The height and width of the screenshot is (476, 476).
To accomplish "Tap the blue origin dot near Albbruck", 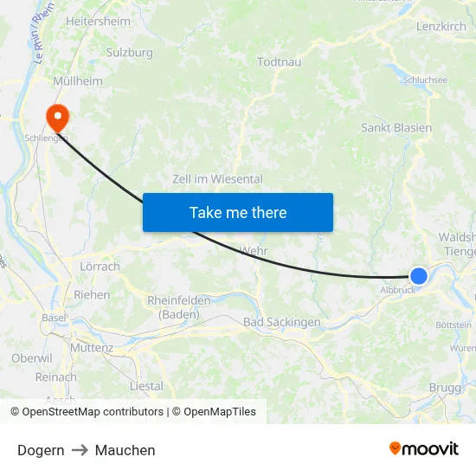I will click(418, 275).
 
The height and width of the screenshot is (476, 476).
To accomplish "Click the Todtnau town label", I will click(280, 61).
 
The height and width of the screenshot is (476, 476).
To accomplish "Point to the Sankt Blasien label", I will click(396, 127).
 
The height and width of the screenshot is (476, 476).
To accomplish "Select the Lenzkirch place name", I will click(441, 28).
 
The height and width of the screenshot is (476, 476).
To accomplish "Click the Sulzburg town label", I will click(129, 53).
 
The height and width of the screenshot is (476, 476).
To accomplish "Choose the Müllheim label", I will click(78, 81).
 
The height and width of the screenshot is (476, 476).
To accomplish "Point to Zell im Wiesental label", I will click(217, 179).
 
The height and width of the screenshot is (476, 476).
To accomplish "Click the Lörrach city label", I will click(100, 267).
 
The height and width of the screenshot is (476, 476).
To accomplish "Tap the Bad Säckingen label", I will click(282, 322).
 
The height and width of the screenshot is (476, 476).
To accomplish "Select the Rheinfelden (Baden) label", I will click(179, 307).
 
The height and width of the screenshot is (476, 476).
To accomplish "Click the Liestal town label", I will click(145, 386).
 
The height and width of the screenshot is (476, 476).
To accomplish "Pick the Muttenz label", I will click(92, 348).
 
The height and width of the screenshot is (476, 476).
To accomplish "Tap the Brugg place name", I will click(445, 388).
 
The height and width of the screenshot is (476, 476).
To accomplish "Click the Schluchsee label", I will click(425, 80).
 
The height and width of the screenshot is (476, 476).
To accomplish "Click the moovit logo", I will click(423, 448).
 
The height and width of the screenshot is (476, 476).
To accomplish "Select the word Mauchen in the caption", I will click(125, 450).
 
